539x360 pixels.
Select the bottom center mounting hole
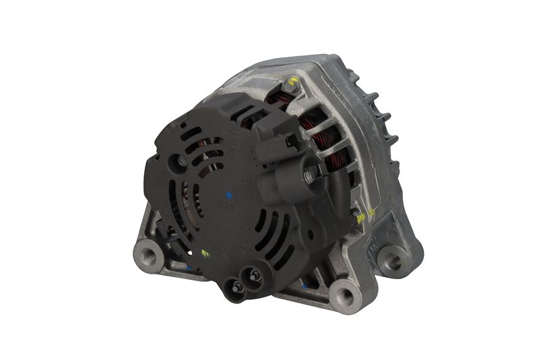click(345, 295)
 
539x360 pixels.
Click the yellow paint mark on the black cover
click(205, 253)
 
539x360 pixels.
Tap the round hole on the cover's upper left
click(181, 160)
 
